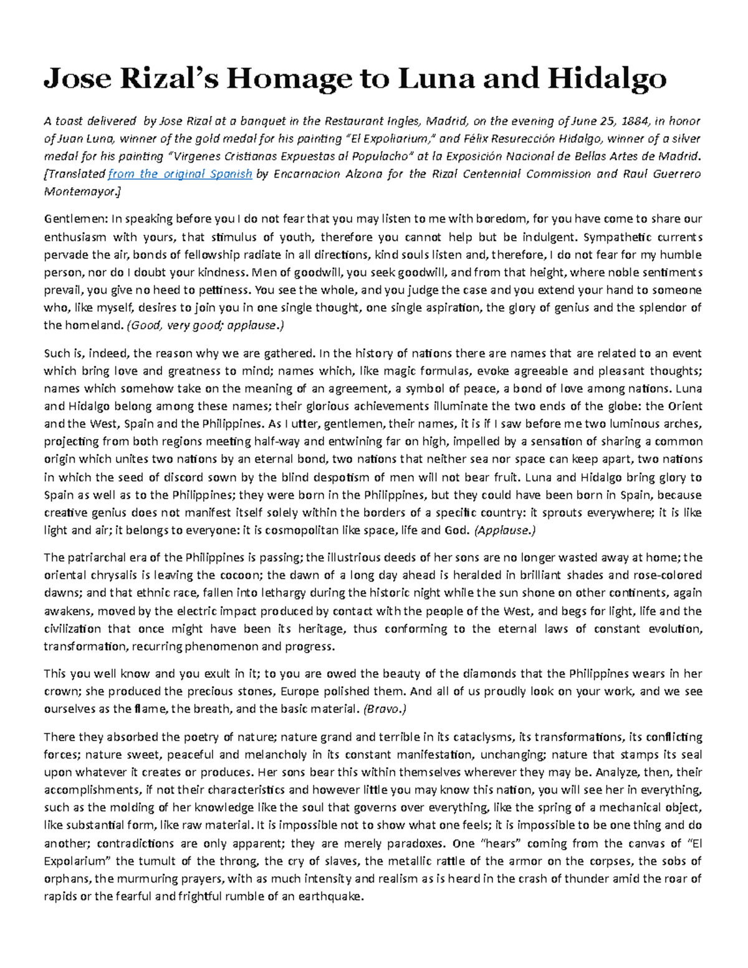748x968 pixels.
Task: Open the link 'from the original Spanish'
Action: tap(180, 174)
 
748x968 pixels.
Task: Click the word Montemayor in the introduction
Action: tap(80, 191)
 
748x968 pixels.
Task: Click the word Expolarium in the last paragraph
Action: tap(78, 861)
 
